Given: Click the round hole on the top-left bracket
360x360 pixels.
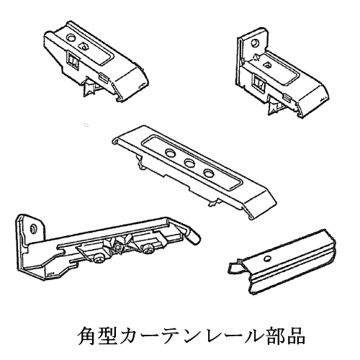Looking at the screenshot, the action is click(x=71, y=37).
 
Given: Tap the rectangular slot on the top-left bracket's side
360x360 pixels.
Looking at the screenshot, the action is click(x=73, y=60).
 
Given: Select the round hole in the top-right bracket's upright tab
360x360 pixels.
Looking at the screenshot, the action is click(x=255, y=43).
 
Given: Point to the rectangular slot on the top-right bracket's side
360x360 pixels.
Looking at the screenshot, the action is click(x=259, y=83).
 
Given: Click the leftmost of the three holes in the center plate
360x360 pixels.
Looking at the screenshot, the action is click(x=171, y=153).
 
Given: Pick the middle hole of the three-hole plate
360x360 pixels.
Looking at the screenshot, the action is click(x=189, y=163).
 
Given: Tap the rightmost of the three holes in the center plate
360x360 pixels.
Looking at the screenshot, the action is click(x=208, y=173).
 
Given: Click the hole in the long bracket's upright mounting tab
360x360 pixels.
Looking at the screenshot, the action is click(x=33, y=228).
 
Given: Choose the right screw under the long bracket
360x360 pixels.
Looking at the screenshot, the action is click(x=148, y=249).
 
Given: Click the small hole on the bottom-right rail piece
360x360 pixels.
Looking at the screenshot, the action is click(x=268, y=258).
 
